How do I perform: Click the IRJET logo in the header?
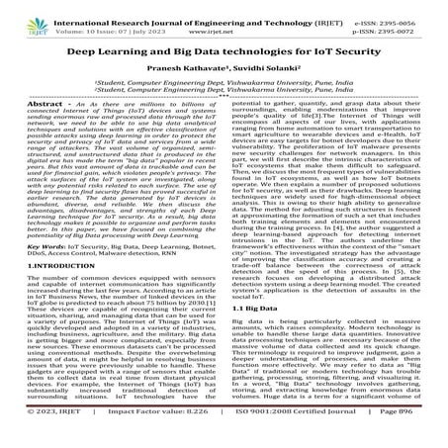tap(23, 17)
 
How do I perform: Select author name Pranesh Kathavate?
tap(179, 77)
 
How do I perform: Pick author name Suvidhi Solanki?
tap(264, 77)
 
